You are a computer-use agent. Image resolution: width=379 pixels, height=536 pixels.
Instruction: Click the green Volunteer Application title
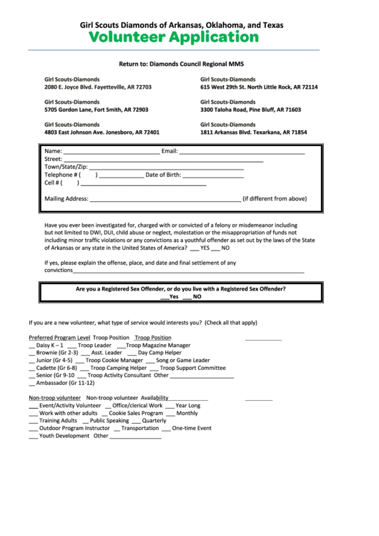tap(182, 36)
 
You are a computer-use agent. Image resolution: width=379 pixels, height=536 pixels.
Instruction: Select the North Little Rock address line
tap(259, 87)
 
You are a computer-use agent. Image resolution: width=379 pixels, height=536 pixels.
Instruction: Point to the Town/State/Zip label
tap(66, 167)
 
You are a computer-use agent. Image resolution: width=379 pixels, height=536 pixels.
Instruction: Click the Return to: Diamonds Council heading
tap(181, 64)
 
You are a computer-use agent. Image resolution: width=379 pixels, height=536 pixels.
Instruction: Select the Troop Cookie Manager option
tap(114, 360)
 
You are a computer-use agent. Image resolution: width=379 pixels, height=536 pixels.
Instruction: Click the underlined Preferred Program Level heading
tap(59, 337)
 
